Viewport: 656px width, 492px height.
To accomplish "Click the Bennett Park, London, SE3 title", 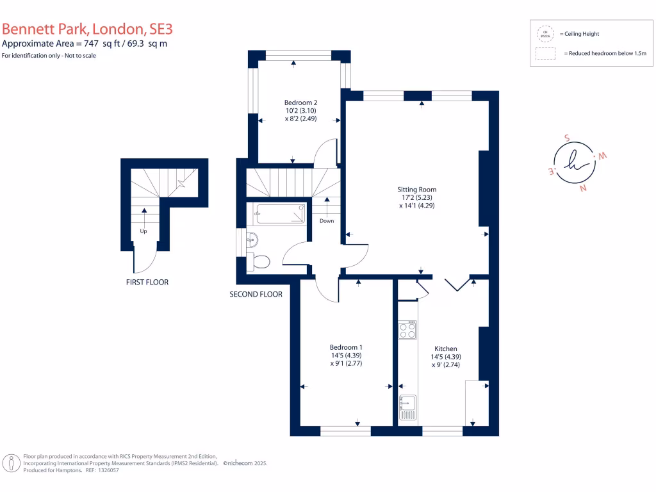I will pyautogui.click(x=87, y=29).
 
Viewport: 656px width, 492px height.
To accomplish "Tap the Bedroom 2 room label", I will pyautogui.click(x=300, y=102).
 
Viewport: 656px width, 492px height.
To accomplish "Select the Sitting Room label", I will pyautogui.click(x=418, y=190).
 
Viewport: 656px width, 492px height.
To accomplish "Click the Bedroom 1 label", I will pyautogui.click(x=347, y=347).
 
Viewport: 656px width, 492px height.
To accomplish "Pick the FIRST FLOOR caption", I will pyautogui.click(x=147, y=282).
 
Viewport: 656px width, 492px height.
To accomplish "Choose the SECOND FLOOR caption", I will pyautogui.click(x=256, y=295).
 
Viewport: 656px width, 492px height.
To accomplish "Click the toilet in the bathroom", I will pyautogui.click(x=260, y=261).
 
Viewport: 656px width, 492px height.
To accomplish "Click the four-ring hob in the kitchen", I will pyautogui.click(x=407, y=331).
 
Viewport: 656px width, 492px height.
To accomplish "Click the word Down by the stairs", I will pyautogui.click(x=327, y=221).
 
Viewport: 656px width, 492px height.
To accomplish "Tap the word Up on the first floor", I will pyautogui.click(x=145, y=231).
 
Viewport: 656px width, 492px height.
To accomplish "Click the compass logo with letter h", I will pyautogui.click(x=575, y=163).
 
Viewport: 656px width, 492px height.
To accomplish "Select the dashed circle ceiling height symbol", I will pyautogui.click(x=546, y=33).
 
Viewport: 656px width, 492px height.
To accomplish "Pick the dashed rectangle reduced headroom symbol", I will pyautogui.click(x=546, y=54).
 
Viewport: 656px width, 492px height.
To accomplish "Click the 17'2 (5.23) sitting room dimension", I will pyautogui.click(x=418, y=198).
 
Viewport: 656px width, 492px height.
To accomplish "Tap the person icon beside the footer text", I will pyautogui.click(x=11, y=463).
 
